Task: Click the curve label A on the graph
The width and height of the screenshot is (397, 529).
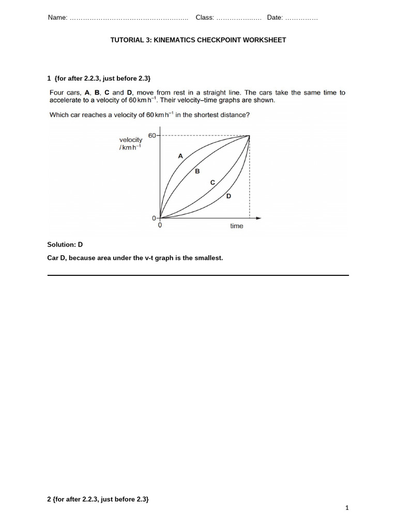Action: click(180, 155)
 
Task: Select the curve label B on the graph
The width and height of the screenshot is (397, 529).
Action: click(197, 172)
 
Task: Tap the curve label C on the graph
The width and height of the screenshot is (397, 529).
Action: click(212, 182)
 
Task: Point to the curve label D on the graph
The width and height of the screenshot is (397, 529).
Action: click(228, 196)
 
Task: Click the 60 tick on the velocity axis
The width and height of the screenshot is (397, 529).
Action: click(152, 135)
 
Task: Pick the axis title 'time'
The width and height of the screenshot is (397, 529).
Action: click(236, 226)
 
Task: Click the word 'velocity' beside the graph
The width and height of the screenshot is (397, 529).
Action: click(131, 139)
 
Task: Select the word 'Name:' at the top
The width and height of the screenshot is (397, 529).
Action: click(57, 18)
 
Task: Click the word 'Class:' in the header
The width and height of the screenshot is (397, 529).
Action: click(205, 18)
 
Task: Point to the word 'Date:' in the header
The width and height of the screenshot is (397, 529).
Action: click(275, 18)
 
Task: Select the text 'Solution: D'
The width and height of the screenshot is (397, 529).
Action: click(65, 244)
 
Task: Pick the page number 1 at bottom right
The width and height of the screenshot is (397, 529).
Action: click(347, 508)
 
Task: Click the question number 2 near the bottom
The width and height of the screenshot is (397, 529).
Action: click(49, 499)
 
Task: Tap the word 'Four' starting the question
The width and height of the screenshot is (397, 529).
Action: click(57, 93)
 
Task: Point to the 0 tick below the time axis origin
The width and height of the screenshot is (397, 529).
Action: click(160, 226)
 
